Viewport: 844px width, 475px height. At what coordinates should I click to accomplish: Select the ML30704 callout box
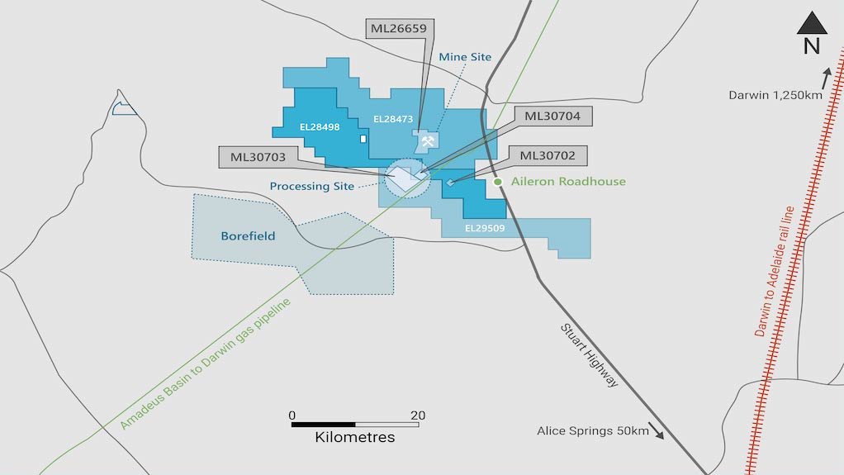pos(552,116)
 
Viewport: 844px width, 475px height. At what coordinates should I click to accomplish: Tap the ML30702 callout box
pos(548,155)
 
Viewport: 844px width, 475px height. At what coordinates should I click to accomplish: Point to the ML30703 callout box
pos(258,156)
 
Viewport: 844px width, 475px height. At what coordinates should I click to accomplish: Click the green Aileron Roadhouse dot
pos(498,182)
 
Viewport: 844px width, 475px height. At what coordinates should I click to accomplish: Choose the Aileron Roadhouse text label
pos(569,182)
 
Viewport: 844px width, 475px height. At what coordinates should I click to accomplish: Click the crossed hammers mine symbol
pos(427,142)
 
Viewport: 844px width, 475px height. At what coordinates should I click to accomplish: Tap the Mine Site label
pos(465,57)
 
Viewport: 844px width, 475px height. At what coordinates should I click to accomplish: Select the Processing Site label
pos(311,187)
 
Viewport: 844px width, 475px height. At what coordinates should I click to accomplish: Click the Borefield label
pos(248,235)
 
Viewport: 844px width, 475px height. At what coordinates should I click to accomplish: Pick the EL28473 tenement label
pos(392,120)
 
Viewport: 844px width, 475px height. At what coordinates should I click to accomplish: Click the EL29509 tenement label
pos(484,227)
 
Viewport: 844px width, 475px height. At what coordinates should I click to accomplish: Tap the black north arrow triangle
pos(811,24)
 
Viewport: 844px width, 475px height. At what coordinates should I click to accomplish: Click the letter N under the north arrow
pos(811,47)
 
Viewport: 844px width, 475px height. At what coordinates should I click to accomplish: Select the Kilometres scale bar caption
pos(355,437)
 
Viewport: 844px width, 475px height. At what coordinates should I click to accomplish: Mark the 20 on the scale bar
pos(418,415)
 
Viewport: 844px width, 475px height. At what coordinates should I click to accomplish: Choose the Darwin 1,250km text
pos(775,95)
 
